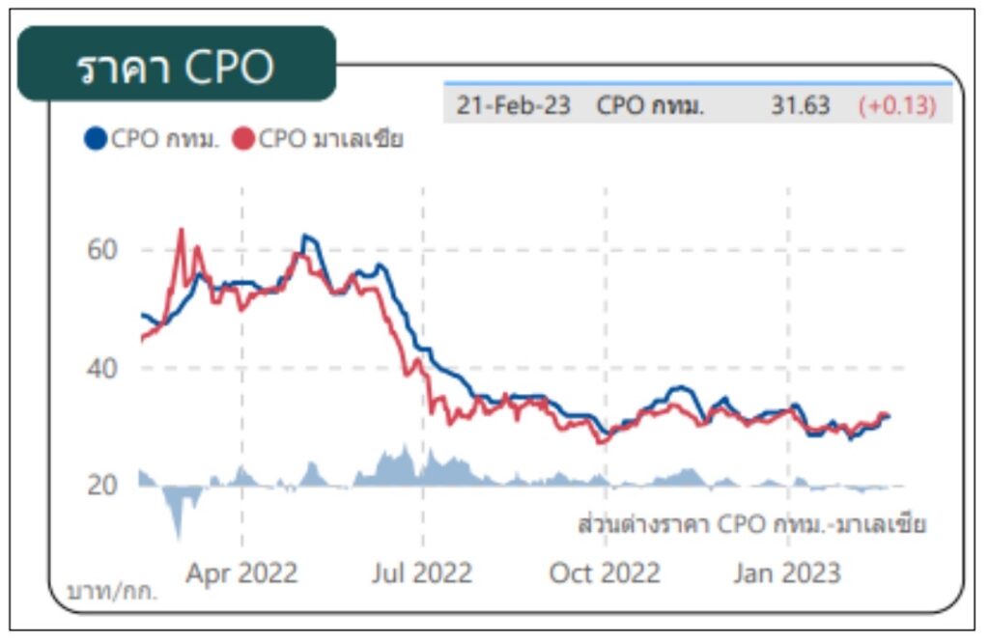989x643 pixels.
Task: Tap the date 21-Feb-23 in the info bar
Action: coord(513,105)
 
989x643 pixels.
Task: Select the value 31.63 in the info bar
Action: coord(800,105)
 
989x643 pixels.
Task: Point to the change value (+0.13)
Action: coord(897,105)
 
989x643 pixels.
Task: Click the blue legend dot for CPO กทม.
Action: coord(95,139)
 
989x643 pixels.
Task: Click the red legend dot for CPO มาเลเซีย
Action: coord(243,139)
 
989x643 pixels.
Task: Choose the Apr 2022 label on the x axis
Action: coord(241,573)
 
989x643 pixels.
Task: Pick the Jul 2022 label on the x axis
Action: coord(422,573)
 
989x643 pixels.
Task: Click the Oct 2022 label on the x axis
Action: coord(605,573)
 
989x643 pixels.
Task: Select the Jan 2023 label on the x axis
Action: coord(786,573)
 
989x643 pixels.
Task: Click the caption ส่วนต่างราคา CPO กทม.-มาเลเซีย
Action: coord(751,525)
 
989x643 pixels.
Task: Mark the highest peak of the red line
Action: coord(181,230)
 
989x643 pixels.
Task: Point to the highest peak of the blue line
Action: coord(305,236)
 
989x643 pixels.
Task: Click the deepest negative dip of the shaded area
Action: coord(178,537)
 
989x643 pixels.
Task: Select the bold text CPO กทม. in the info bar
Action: coord(650,105)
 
